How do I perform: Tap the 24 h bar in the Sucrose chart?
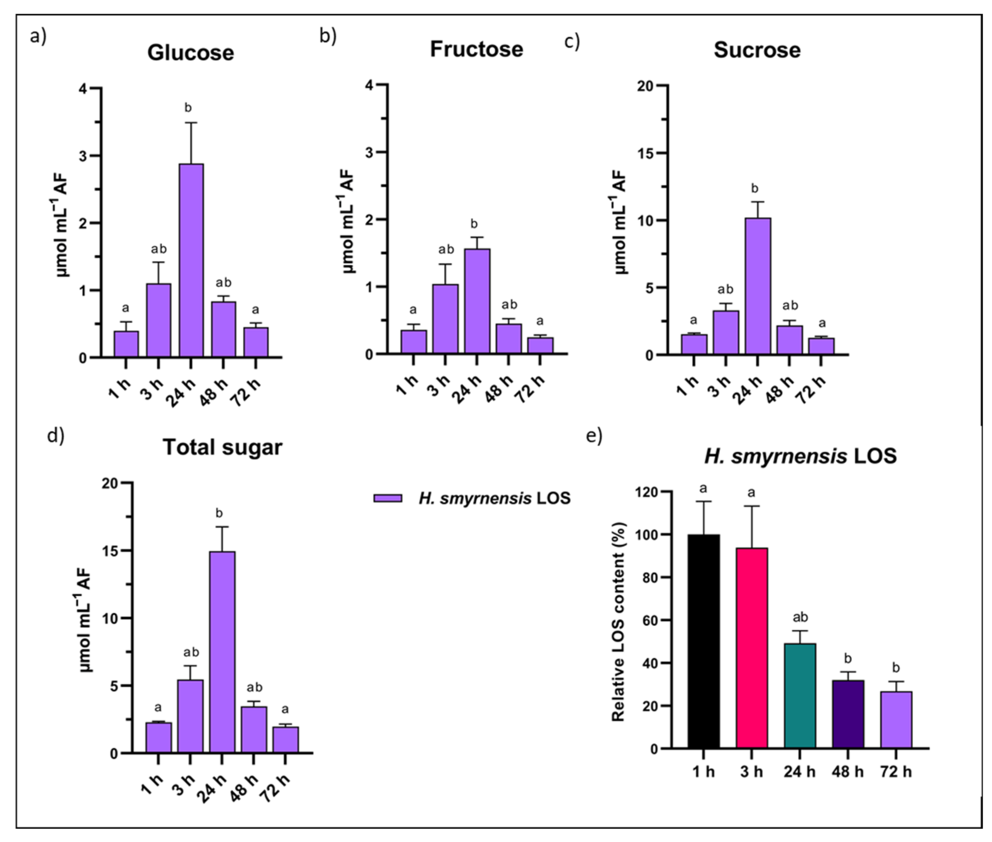(x=757, y=286)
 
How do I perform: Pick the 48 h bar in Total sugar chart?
(x=253, y=729)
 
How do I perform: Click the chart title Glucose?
(x=190, y=52)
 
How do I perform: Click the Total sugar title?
(x=222, y=447)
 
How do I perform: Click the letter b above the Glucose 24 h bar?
(x=188, y=108)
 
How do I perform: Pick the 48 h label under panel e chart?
(x=848, y=772)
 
